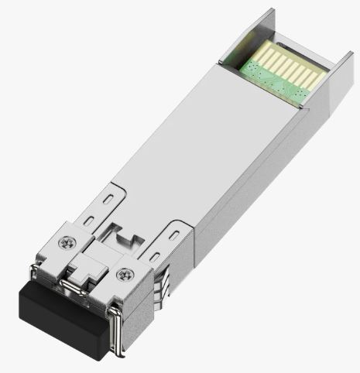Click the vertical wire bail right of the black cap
tap(115, 333)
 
